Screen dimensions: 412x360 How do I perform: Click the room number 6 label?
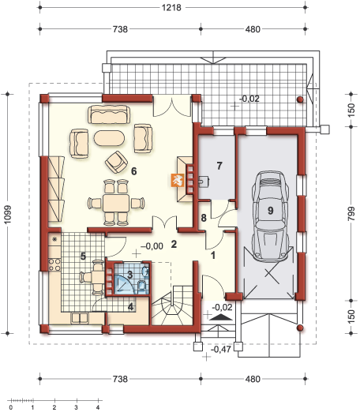click(134, 170)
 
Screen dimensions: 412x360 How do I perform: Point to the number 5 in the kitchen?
click(83, 256)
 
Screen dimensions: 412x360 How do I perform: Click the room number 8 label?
click(203, 217)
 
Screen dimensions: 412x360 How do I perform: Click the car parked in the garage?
click(269, 212)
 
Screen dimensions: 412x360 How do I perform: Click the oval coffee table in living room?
click(110, 138)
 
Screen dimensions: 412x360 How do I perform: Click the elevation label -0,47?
click(223, 347)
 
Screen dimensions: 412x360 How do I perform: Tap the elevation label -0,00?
click(152, 245)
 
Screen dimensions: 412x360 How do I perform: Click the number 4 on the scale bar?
click(98, 407)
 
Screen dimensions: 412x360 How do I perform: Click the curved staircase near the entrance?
click(174, 308)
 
